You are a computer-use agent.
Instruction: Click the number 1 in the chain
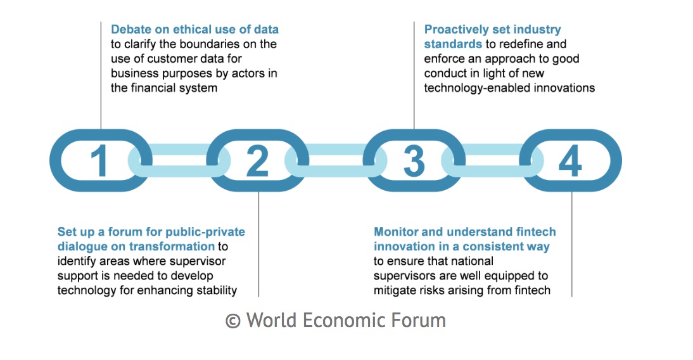99,160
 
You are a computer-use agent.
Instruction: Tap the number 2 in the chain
257,160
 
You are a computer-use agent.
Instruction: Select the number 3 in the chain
414,161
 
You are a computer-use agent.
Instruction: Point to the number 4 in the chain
570,160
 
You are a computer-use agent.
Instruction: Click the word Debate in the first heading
131,30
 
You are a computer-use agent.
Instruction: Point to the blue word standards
453,44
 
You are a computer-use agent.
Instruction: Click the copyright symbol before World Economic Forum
233,321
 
